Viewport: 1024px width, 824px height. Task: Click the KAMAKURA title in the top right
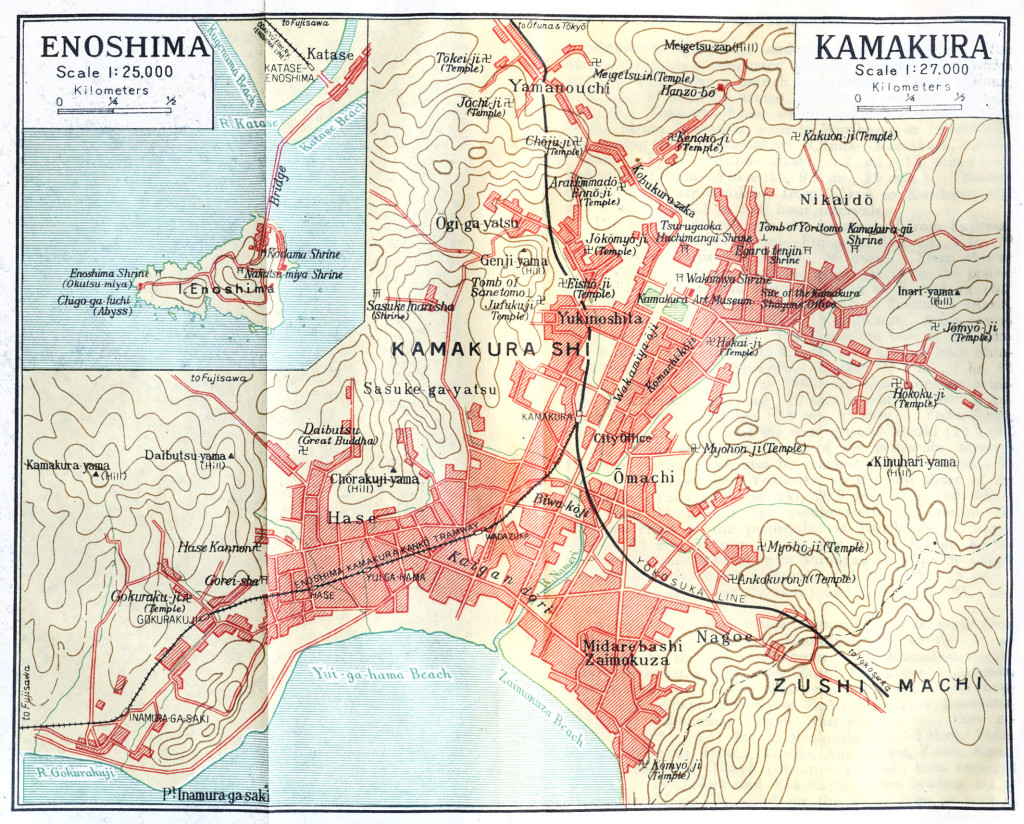[x=902, y=47]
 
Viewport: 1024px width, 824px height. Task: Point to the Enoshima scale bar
[x=117, y=110]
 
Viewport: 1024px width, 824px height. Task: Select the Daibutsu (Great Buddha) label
[x=325, y=434]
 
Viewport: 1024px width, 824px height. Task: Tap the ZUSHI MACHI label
[x=876, y=685]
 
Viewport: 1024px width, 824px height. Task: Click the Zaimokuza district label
[x=628, y=661]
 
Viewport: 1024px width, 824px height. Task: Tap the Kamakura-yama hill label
[x=68, y=465]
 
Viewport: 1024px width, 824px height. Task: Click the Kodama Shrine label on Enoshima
[x=306, y=258]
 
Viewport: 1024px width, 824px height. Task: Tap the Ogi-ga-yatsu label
[x=476, y=222]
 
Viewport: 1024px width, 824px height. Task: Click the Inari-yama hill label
[x=924, y=292]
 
